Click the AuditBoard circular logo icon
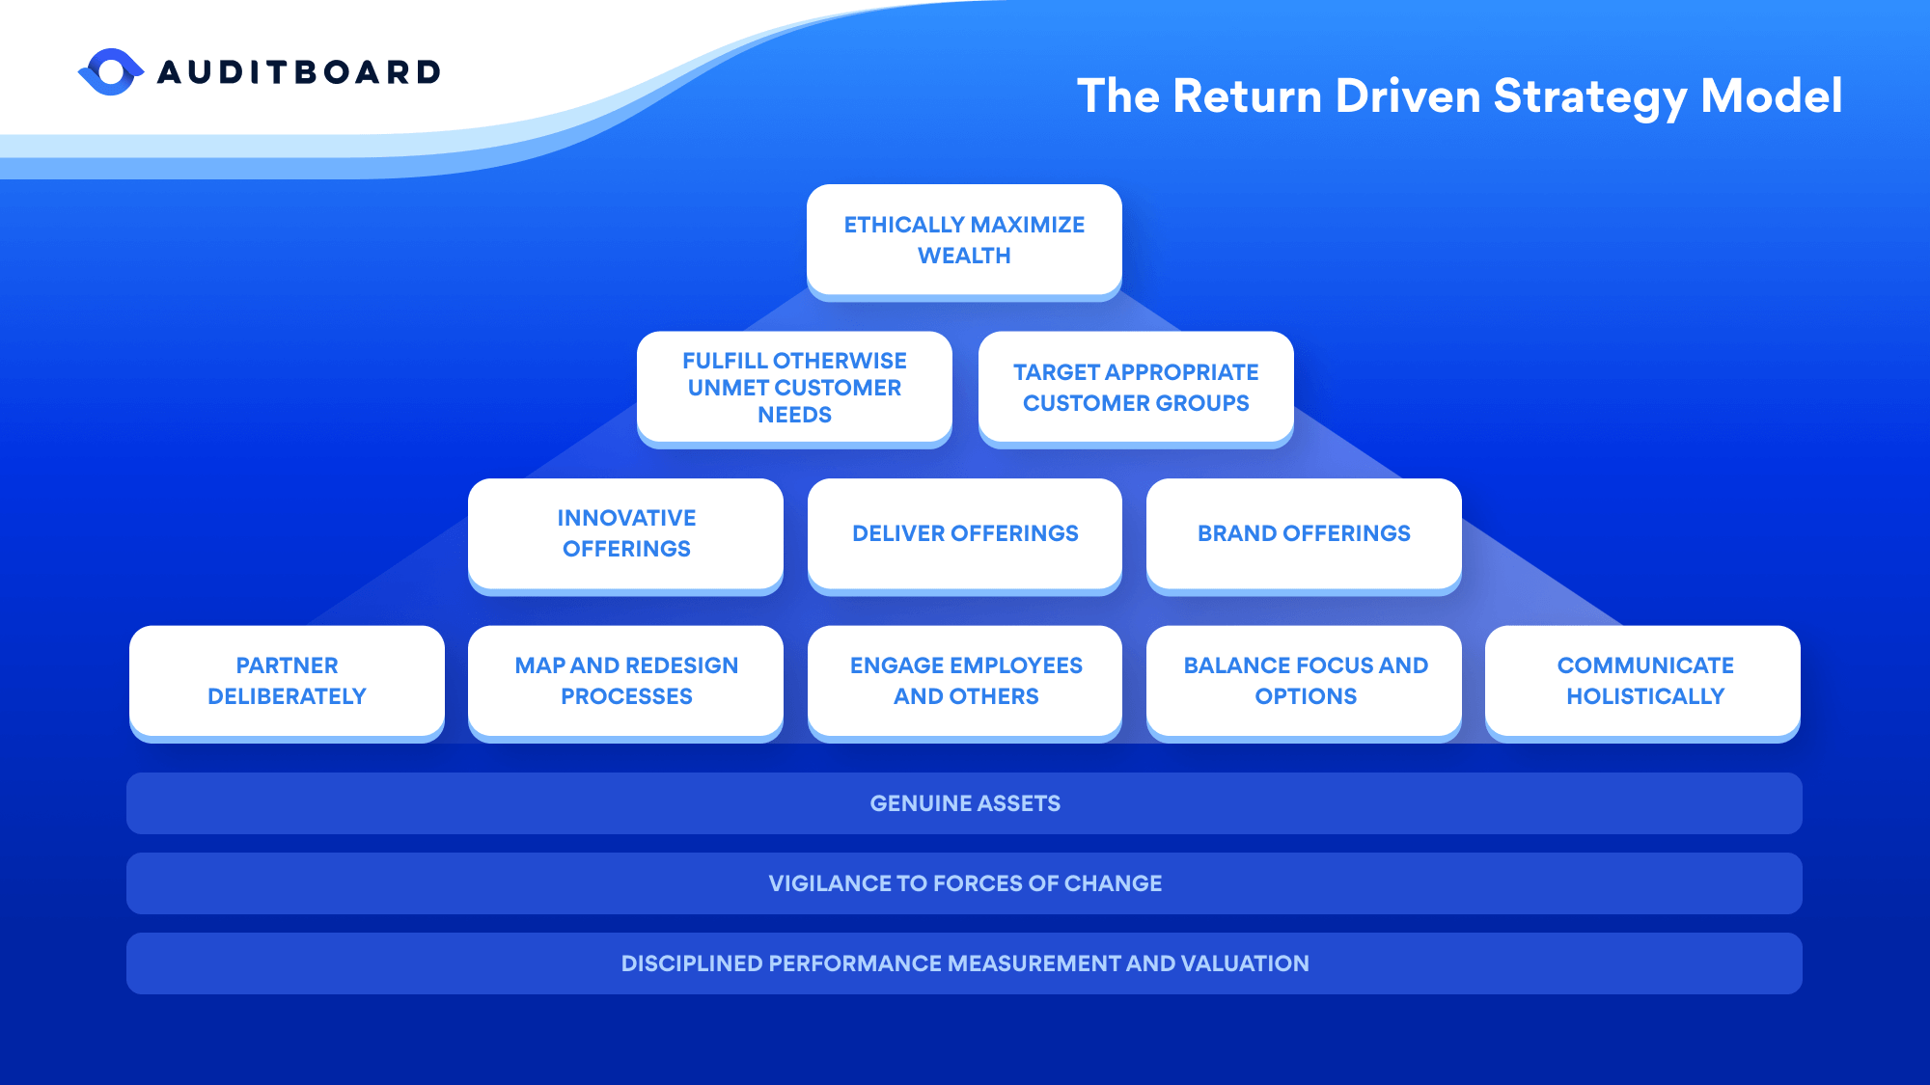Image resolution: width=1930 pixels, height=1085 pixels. pos(111,72)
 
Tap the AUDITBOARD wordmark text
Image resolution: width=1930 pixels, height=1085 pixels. pos(299,72)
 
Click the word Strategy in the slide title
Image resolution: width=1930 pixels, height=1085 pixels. pos(1589,97)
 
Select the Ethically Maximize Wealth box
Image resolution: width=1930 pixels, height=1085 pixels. pos(964,240)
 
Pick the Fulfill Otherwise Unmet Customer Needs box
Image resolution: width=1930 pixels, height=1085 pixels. pos(794,388)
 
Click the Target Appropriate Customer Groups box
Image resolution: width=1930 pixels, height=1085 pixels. pos(1136,388)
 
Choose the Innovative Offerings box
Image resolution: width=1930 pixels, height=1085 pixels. pos(626,533)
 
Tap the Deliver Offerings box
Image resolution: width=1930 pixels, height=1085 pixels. pos(965,533)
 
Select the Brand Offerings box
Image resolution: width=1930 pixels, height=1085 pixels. pos(1304,533)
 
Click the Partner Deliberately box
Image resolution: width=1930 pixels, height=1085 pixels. pos(287,681)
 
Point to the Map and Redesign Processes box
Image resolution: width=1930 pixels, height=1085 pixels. pos(626,681)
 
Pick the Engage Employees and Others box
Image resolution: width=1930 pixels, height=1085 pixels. pos(965,681)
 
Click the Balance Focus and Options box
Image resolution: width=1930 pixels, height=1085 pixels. pos(1305,681)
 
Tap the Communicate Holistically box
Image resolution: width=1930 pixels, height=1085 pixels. pos(1643,681)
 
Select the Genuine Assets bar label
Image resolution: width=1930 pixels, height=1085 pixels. pos(965,803)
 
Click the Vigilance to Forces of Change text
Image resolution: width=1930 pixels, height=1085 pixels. pos(965,883)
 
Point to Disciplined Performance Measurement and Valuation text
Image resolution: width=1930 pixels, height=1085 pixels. pos(965,963)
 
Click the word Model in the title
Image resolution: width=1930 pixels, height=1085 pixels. pos(1771,96)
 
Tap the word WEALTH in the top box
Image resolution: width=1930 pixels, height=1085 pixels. pos(964,257)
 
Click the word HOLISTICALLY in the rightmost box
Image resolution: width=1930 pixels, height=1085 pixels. pos(1645,696)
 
